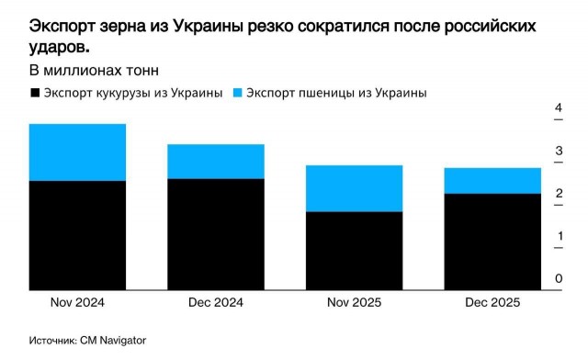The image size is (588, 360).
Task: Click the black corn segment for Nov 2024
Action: click(77, 235)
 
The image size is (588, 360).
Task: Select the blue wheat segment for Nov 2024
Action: click(77, 152)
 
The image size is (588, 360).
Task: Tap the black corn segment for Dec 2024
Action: click(215, 234)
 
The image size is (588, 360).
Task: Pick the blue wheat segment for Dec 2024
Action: click(215, 162)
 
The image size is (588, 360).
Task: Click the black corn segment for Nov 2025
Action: click(353, 251)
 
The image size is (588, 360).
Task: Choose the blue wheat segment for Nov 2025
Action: click(353, 188)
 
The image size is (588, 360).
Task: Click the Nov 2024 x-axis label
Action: click(77, 303)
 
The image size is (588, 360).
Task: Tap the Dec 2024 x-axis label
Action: click(215, 303)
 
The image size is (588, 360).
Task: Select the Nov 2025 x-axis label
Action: click(353, 303)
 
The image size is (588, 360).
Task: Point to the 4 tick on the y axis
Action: click(558, 109)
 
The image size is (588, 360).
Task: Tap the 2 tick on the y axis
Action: click(558, 194)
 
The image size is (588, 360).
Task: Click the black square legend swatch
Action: click(36, 93)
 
